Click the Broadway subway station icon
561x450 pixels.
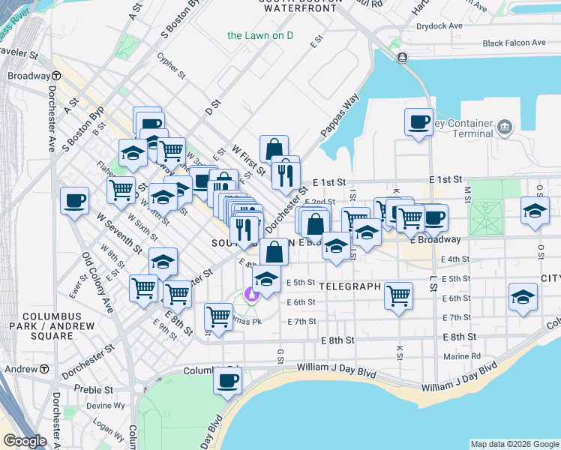click(x=56, y=76)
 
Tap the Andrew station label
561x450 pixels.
click(x=20, y=369)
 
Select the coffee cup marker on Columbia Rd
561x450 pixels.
click(x=227, y=380)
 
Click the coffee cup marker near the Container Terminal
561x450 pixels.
click(x=418, y=121)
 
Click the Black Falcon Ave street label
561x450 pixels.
click(x=514, y=43)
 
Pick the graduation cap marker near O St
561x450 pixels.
click(x=523, y=296)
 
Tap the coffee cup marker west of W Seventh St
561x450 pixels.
click(x=75, y=200)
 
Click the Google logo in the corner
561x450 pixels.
click(x=25, y=441)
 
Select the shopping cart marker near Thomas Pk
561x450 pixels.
click(x=218, y=316)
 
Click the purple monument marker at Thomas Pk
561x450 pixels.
click(x=250, y=293)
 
